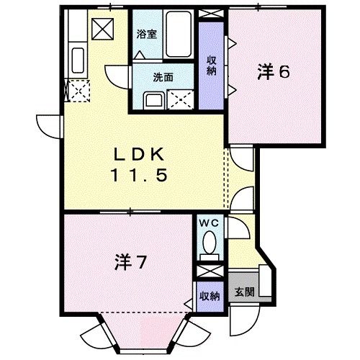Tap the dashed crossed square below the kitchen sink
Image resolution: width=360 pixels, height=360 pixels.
(78, 91)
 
